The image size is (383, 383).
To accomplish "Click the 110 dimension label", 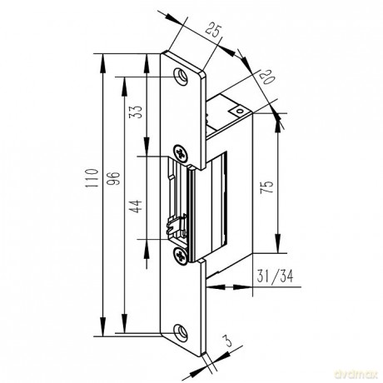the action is coord(92,178).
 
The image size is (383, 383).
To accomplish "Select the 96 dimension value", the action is coord(113,178).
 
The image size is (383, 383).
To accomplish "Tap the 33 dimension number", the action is coord(136,112).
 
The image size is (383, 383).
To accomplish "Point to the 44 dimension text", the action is coord(136,206).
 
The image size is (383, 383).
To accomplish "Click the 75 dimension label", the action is coord(266,187).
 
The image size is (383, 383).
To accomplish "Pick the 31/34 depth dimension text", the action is coord(275,276).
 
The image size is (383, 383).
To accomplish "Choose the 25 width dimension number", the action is coord(214,31).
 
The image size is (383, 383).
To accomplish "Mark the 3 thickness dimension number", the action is coord(228,341).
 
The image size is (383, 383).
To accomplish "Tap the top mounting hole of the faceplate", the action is coord(181,76).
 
